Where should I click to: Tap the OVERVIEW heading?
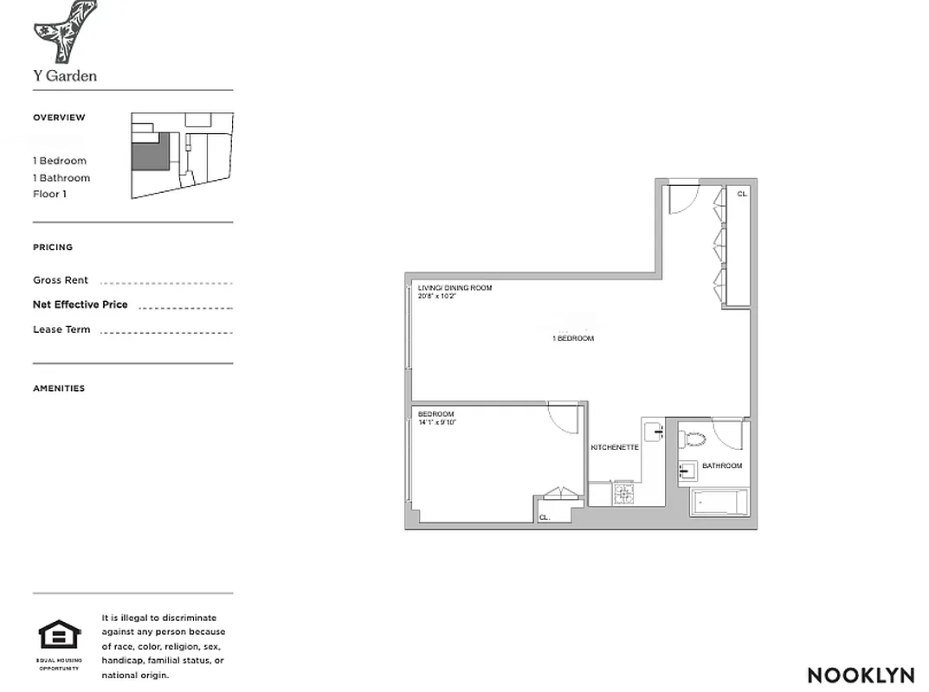(x=59, y=118)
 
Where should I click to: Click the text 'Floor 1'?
(x=49, y=194)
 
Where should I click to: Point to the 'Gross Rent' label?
(x=61, y=280)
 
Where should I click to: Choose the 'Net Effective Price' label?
(x=80, y=304)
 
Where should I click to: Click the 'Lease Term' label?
(x=61, y=330)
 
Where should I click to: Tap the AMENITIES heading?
(x=59, y=388)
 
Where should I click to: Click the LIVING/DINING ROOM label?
(x=455, y=287)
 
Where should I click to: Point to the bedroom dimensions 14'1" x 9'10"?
(x=436, y=422)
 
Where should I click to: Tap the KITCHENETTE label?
(x=615, y=447)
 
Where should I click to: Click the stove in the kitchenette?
(x=624, y=494)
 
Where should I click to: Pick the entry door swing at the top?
(x=682, y=199)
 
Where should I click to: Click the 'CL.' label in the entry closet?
(x=742, y=195)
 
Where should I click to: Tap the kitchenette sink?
(x=654, y=429)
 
